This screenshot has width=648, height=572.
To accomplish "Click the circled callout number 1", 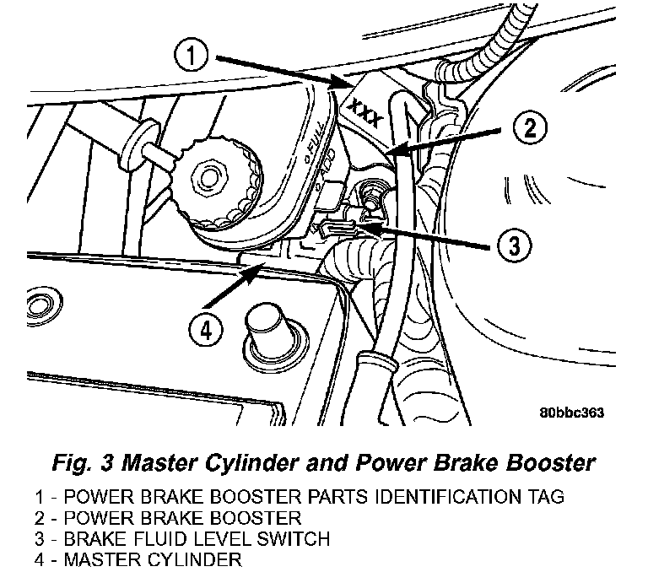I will click(194, 57).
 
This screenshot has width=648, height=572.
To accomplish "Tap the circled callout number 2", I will click(528, 128).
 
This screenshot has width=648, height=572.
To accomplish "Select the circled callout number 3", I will click(514, 246).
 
